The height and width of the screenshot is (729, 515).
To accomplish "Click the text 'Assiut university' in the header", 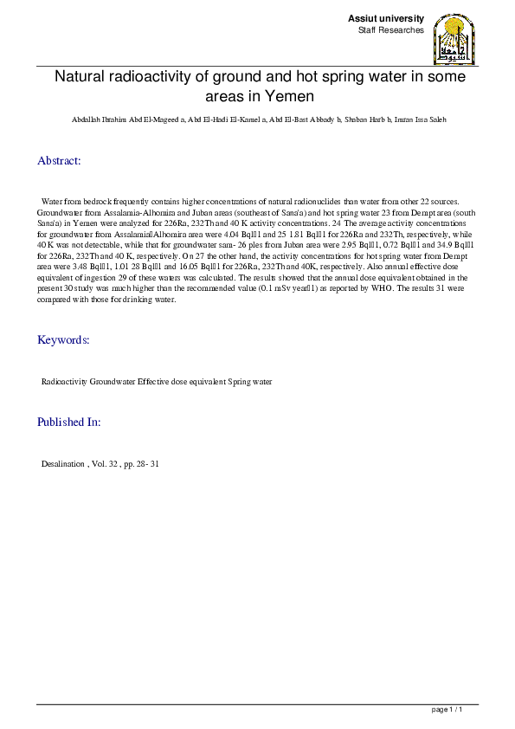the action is (386, 19).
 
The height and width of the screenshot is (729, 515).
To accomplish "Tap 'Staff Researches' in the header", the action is (390, 30).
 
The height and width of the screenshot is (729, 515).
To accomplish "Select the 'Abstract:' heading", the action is (59, 161).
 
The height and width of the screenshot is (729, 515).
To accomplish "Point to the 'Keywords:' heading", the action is (63, 339).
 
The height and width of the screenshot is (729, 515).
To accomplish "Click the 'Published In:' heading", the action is (69, 423).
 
